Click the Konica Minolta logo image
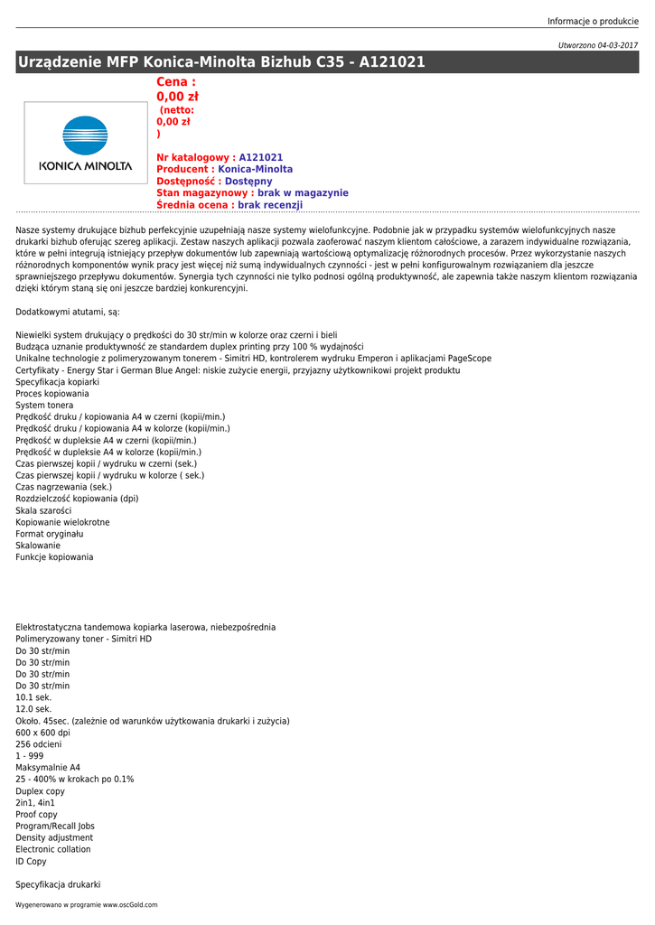pos(85,143)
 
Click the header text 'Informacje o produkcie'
pos(593,22)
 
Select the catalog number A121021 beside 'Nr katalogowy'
pos(261,157)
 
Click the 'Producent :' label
pos(185,169)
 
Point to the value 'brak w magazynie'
pos(303,193)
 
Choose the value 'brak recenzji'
pos(270,205)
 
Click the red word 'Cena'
pos(173,82)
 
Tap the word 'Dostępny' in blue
pos(248,182)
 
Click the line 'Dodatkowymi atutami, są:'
pos(68,312)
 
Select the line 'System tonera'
pos(44,406)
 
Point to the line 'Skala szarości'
pos(43,510)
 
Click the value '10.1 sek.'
pos(33,697)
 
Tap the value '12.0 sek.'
pos(33,709)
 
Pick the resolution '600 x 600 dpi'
pos(42,733)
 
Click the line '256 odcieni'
pos(39,744)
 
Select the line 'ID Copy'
pos(31,862)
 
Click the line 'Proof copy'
pos(36,815)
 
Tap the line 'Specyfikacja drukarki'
pos(58,885)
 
